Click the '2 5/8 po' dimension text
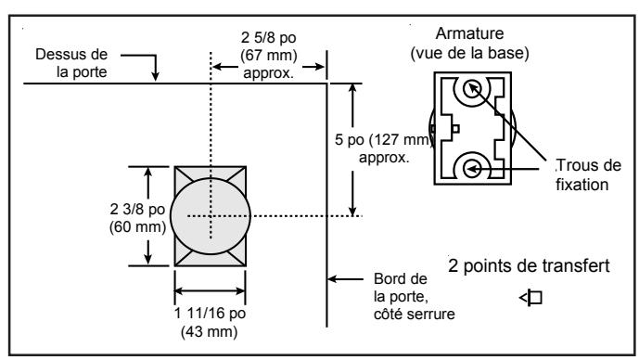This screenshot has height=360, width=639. pos(268,37)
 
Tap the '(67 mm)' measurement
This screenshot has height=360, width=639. pos(269,55)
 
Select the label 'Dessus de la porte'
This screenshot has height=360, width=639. pos(71,63)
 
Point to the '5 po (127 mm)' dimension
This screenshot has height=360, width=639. pos(382,140)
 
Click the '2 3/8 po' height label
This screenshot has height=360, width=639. pos(137,209)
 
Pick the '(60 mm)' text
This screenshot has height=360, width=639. pos(138,227)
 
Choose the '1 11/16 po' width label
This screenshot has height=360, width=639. pos(210,313)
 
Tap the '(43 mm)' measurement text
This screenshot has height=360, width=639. pos(209,331)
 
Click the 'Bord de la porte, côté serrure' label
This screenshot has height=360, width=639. pos(414,296)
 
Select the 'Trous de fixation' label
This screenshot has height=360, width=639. pos(588,175)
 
